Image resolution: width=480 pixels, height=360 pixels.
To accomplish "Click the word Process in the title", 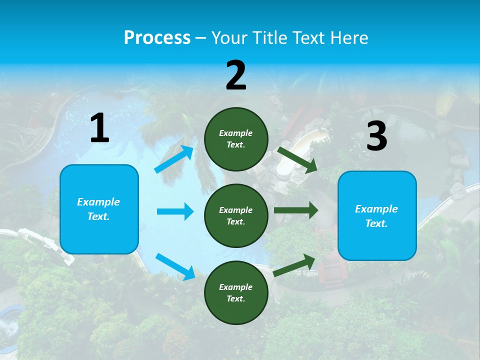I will pos(157,38).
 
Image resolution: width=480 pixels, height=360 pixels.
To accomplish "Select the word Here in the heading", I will pos(347,38).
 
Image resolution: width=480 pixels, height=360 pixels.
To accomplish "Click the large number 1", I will pos(99,128).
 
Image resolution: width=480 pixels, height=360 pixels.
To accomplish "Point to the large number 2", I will pos(236,76).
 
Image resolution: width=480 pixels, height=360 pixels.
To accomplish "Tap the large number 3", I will pos(376,136).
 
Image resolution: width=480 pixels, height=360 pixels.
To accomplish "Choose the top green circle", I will pos(236,139).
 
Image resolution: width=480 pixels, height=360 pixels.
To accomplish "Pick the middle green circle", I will pos(236,215).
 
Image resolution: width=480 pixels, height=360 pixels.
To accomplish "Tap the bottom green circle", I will pos(236,292).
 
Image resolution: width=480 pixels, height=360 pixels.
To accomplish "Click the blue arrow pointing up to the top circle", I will pos(174,159).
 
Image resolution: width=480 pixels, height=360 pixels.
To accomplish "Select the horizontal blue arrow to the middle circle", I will pos(175,211).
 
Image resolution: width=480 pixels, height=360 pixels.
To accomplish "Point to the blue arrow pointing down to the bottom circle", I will pos(175,266).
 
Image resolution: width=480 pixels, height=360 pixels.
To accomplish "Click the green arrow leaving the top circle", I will pos(297,159).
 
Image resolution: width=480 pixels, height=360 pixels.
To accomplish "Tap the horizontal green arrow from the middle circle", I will pos(296,210).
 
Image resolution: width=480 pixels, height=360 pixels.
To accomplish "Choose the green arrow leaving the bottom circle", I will pos(294,265).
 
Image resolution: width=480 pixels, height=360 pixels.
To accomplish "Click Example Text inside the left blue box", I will pos(98,209).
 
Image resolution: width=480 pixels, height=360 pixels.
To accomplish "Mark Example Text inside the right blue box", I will pos(376,216).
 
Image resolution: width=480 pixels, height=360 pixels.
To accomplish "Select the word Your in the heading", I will pos(229,38).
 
